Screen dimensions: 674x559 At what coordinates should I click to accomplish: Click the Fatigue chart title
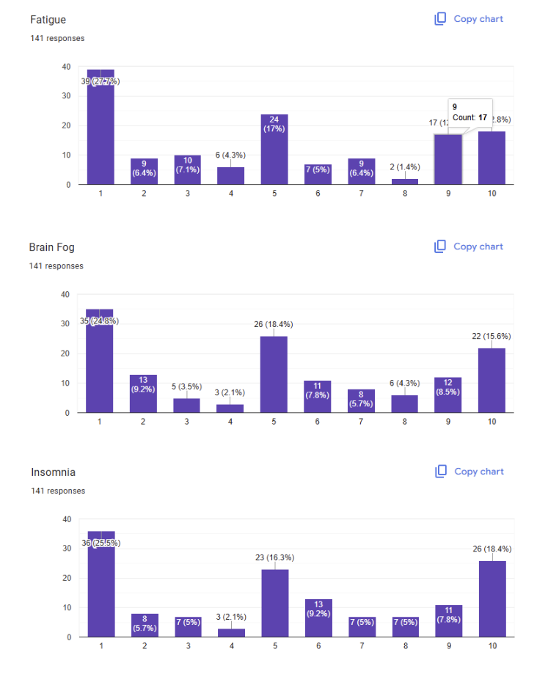[x=48, y=20]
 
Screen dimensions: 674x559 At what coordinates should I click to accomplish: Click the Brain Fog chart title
[x=51, y=247]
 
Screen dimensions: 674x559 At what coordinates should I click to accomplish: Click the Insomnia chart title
[x=53, y=472]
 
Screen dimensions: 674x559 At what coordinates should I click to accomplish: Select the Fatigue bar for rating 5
[x=274, y=150]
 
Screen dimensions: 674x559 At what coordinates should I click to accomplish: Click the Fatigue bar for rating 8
[x=406, y=181]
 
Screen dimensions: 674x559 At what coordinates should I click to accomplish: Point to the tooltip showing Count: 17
[x=470, y=111]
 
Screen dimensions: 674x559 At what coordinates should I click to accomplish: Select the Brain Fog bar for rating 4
[x=230, y=408]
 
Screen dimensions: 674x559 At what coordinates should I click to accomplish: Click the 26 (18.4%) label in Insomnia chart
[x=491, y=549]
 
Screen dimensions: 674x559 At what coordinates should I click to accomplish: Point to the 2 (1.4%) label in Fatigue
[x=405, y=167]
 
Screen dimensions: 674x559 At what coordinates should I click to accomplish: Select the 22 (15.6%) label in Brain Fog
[x=491, y=336]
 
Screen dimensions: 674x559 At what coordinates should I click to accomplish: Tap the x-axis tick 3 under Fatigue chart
[x=187, y=195]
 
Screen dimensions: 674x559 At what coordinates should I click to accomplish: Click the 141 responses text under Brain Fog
[x=56, y=266]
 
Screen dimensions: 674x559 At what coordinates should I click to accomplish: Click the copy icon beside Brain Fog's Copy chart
[x=440, y=246]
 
